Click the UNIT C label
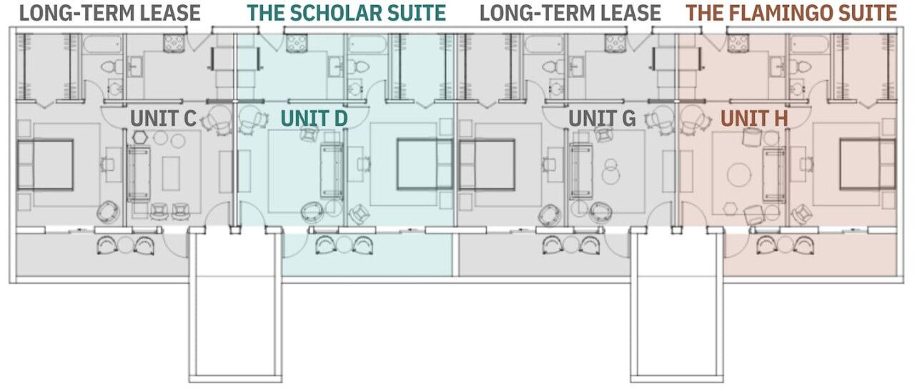point(164,119)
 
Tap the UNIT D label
point(314,119)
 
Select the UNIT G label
point(602,119)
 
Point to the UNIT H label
point(754,119)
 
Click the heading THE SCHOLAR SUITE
point(347,13)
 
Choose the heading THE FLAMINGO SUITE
point(791,13)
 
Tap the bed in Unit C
point(45,164)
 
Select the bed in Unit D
point(425,164)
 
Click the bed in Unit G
point(487,164)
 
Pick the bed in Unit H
point(868,164)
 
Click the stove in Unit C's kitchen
point(174,44)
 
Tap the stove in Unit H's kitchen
point(738,44)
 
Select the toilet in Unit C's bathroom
point(112,66)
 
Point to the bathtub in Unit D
point(367,44)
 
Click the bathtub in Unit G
point(545,44)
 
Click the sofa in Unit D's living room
point(332,170)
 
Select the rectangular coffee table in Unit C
point(171,174)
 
